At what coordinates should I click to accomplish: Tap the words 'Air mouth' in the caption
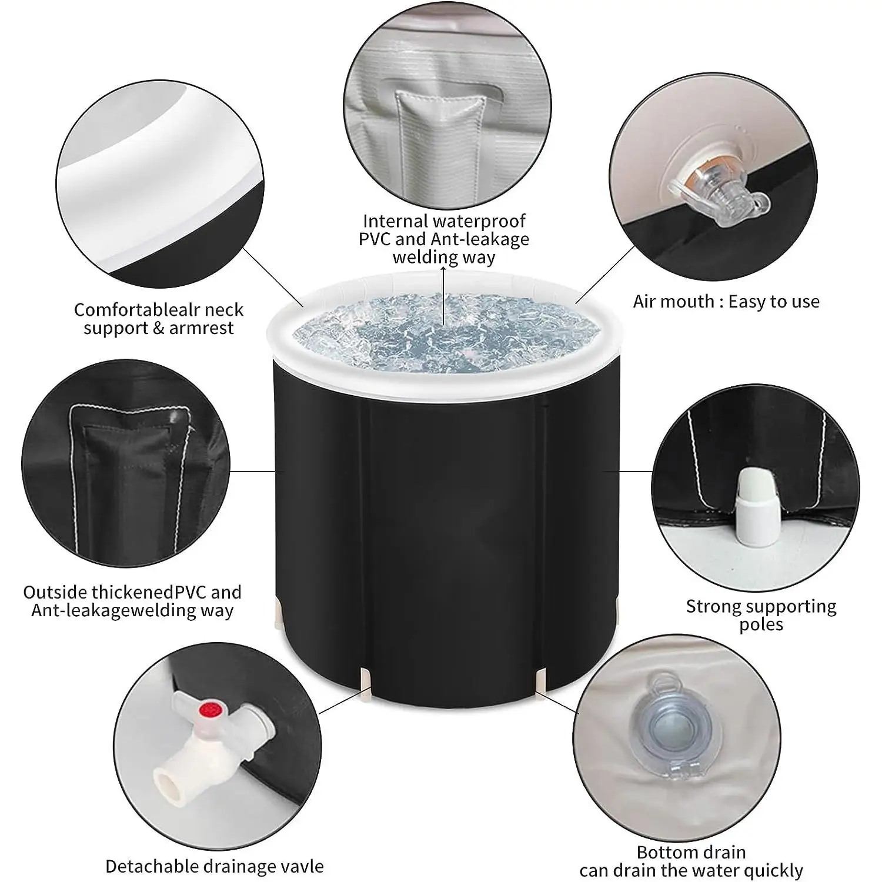point(673,302)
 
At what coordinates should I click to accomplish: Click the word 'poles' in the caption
point(761,624)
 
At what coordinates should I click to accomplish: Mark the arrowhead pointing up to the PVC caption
point(444,269)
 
